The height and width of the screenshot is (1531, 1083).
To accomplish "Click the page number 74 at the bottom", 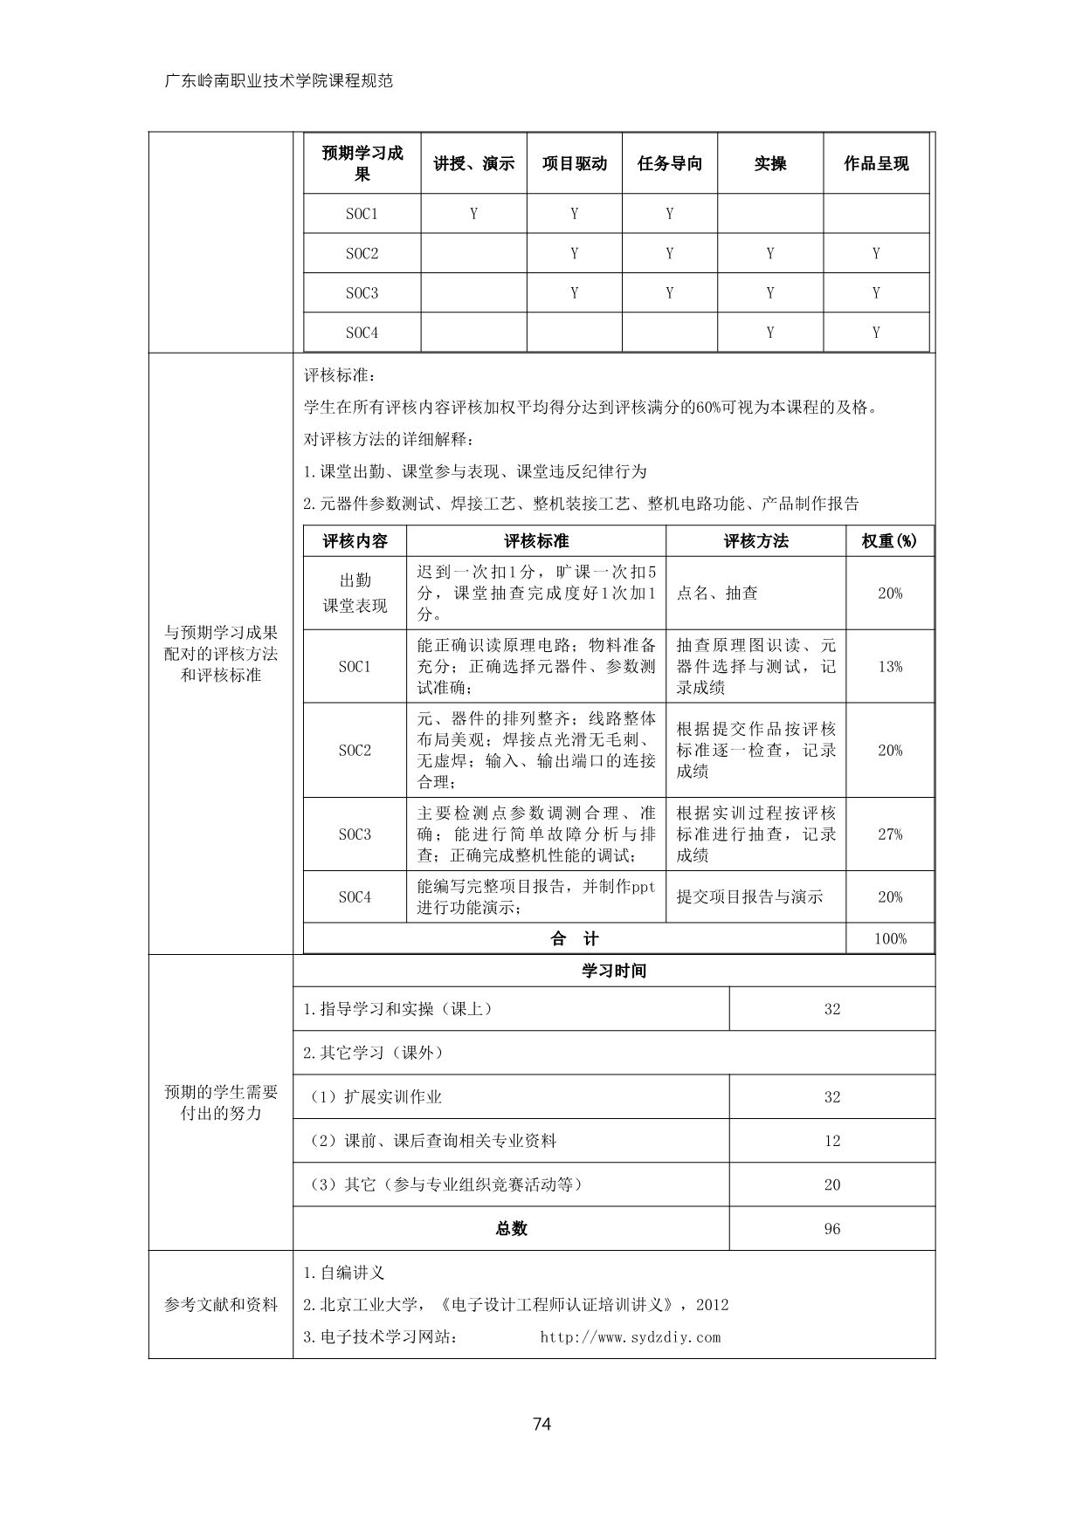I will click(541, 1425).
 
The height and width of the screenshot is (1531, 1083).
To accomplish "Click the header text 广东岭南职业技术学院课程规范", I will click(279, 81).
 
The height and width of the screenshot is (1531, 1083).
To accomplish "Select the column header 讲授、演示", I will click(473, 163).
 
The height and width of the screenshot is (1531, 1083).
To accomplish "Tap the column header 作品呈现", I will click(875, 163).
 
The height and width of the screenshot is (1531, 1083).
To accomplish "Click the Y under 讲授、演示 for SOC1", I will click(473, 214).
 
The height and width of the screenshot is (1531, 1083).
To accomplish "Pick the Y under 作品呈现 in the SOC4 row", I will click(875, 333).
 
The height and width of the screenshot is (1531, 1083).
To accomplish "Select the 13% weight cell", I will click(890, 667).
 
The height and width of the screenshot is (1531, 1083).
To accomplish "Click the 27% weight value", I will click(890, 834).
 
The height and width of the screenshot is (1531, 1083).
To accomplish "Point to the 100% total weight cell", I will click(890, 939).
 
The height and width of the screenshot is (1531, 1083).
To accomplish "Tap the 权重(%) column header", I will click(890, 541).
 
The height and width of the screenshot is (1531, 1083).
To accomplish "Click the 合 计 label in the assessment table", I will click(574, 939).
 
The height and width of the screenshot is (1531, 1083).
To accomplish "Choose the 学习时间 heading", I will click(614, 971).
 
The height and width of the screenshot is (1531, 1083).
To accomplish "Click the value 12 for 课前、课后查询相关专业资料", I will click(831, 1141).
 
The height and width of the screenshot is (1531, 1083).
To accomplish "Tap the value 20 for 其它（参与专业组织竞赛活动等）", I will click(831, 1184).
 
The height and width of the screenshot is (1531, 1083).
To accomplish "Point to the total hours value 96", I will click(831, 1229).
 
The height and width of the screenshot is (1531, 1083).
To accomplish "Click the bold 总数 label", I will click(511, 1229).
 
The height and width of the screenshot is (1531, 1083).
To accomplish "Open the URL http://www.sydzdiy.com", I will click(631, 1337).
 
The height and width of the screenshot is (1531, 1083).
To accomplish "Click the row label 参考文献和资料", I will click(221, 1305).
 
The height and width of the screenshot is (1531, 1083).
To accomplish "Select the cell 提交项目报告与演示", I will click(749, 897).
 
